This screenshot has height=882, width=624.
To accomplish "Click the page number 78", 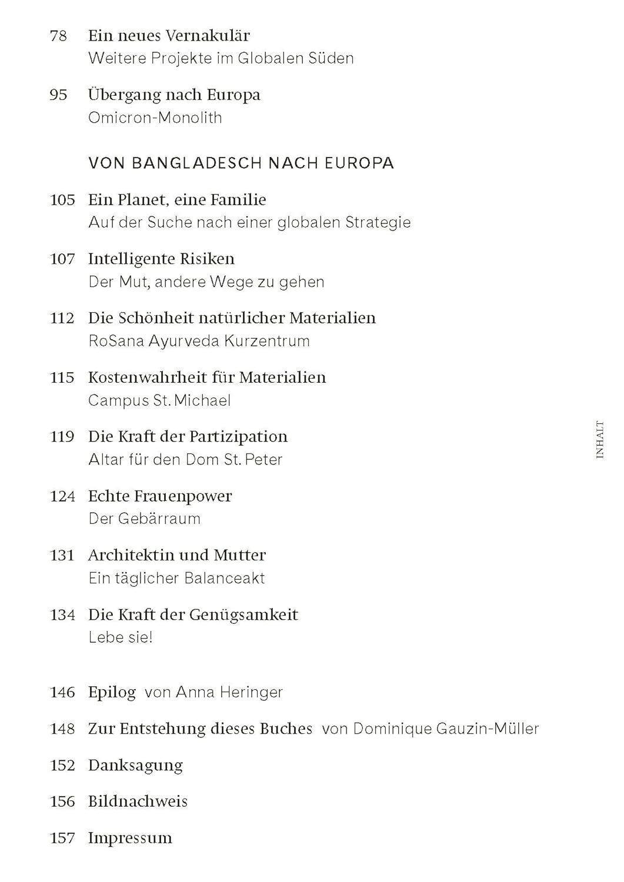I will click(x=58, y=36).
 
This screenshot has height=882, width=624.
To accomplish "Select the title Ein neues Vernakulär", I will click(x=169, y=36).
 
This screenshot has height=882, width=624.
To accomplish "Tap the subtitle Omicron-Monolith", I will click(x=155, y=118).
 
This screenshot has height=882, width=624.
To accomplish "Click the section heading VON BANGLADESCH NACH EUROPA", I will click(x=241, y=163).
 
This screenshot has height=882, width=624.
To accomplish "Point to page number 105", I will click(x=62, y=200).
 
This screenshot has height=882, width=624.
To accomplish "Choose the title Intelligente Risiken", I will click(x=161, y=259).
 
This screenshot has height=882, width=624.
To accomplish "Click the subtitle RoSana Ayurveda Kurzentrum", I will click(x=199, y=341).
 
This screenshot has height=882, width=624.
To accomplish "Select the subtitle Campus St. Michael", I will click(x=159, y=400).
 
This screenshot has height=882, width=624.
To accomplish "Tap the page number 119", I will click(x=62, y=436).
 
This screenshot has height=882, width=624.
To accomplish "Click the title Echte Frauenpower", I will click(x=160, y=496).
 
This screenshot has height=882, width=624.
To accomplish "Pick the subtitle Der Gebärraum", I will click(x=144, y=519).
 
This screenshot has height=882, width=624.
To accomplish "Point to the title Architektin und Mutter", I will click(x=177, y=555).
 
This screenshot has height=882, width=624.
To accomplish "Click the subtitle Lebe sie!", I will click(x=121, y=637).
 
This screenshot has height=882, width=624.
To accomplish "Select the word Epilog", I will click(x=112, y=692).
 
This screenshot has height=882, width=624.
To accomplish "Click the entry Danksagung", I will click(x=135, y=765).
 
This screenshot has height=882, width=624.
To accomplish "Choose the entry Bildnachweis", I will click(x=138, y=801).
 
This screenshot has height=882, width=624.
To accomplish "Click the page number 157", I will click(x=62, y=838).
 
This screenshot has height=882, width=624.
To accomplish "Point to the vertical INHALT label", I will click(x=599, y=439).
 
